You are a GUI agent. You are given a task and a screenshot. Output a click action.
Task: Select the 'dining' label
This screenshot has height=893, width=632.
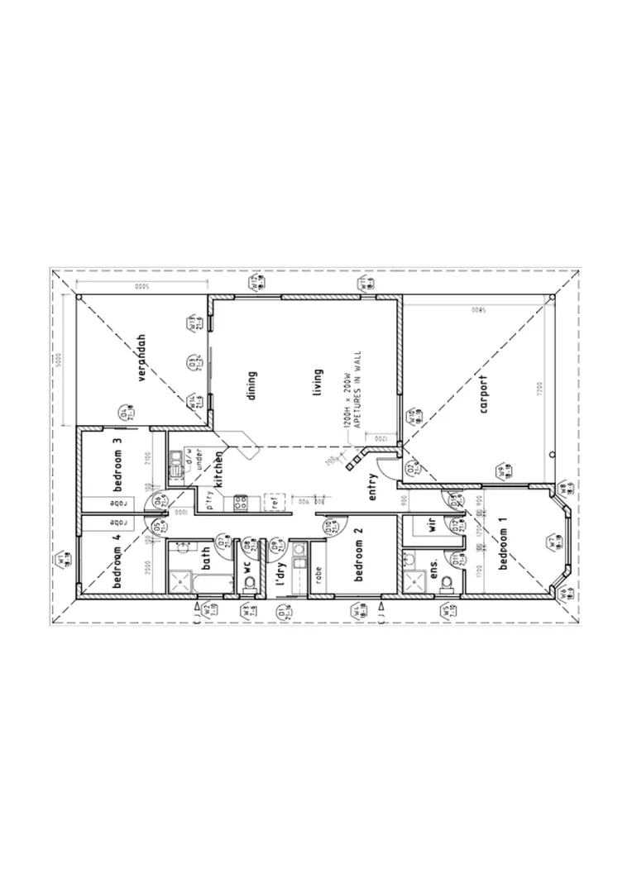coord(252,384)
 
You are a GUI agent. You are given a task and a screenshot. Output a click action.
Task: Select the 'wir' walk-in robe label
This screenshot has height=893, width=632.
coord(431,527)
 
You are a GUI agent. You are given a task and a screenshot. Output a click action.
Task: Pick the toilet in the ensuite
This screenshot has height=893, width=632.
coord(448,582)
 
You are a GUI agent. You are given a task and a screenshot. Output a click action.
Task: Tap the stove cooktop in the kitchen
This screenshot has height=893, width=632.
coord(241,502)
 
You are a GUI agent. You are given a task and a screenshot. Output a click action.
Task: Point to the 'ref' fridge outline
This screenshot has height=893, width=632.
coord(274,502)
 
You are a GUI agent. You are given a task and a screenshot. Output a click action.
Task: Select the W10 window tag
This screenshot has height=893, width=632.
coord(411,418)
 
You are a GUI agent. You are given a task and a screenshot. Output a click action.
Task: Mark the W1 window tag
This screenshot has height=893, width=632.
coord(65,561)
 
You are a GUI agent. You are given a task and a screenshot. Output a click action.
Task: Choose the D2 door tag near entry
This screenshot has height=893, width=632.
coord(411,470)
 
